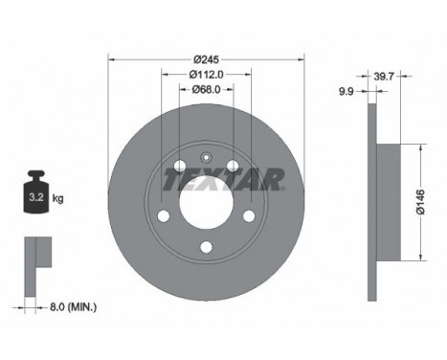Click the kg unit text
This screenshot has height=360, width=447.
tap(58, 199)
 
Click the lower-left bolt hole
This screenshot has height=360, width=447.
tap(164, 214)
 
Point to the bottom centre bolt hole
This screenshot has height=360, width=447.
tap(207, 248)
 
